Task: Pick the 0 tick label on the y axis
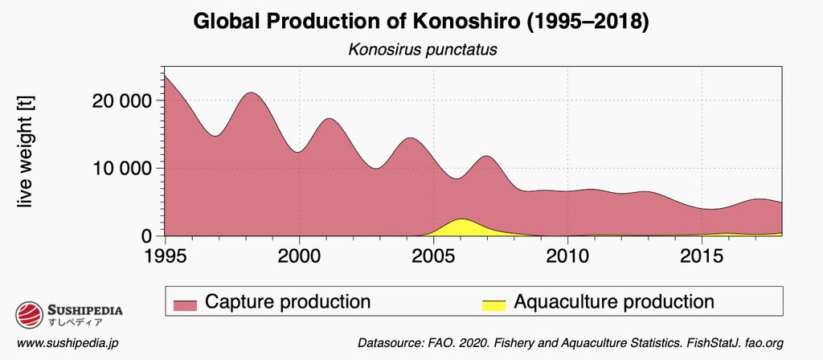(x=146, y=236)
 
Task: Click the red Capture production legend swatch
(x=186, y=304)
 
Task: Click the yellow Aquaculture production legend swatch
(x=493, y=304)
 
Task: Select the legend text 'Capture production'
(x=288, y=302)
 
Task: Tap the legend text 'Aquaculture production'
(x=614, y=302)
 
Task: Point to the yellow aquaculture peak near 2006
(x=461, y=226)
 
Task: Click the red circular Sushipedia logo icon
(x=29, y=314)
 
